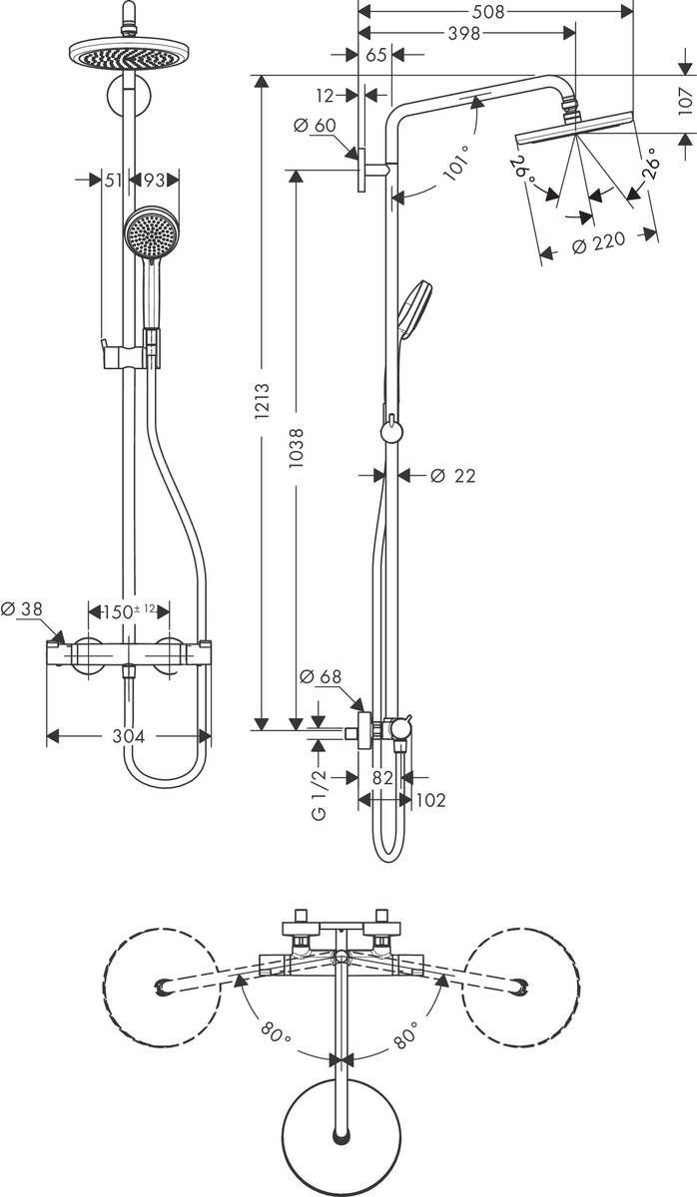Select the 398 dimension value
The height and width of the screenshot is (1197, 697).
464,33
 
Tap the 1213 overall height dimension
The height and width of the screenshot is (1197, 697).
263,401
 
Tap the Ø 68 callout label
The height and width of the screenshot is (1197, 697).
321,677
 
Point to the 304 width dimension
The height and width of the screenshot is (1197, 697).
129,736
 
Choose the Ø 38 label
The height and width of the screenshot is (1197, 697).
21,607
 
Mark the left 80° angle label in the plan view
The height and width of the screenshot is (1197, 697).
276,1029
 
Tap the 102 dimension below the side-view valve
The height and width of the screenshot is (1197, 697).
430,800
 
